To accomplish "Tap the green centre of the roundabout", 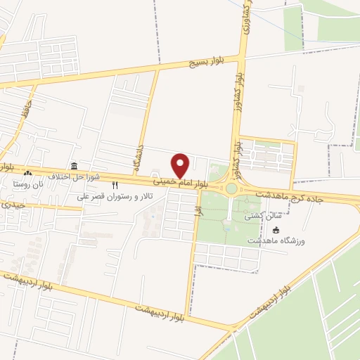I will (x=231, y=188).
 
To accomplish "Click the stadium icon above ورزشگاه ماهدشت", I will (x=275, y=230).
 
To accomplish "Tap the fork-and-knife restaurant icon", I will (x=115, y=185).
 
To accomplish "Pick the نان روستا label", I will (x=27, y=184).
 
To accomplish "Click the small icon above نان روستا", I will (x=27, y=173).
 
